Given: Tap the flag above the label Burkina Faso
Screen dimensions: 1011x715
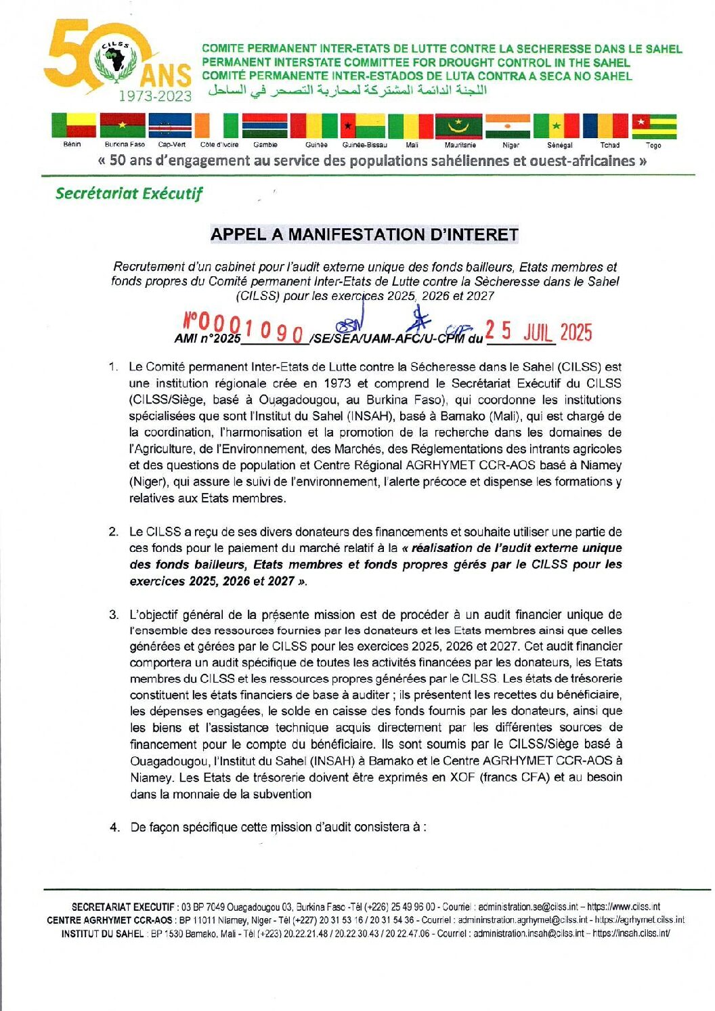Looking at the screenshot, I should pyautogui.click(x=123, y=126).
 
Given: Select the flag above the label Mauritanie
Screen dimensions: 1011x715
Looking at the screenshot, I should pyautogui.click(x=458, y=126).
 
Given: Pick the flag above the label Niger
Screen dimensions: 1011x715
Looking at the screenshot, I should pyautogui.click(x=508, y=126).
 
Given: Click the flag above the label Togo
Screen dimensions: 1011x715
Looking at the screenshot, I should pyautogui.click(x=654, y=126).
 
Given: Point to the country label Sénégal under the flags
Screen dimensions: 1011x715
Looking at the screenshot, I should pyautogui.click(x=560, y=145).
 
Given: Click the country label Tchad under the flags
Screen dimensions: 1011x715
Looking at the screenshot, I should pyautogui.click(x=609, y=145).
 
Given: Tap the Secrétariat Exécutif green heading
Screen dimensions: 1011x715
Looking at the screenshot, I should pyautogui.click(x=129, y=194).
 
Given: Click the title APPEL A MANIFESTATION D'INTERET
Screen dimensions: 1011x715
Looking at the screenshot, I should pyautogui.click(x=364, y=234).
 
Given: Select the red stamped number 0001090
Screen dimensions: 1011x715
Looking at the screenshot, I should pyautogui.click(x=244, y=328).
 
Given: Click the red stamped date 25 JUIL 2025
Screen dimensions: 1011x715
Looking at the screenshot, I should pyautogui.click(x=538, y=332).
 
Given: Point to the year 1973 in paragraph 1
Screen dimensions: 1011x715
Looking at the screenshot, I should pyautogui.click(x=337, y=383).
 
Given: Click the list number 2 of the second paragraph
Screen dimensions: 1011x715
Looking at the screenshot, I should pyautogui.click(x=113, y=532).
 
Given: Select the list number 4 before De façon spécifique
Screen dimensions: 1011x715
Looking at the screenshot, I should pyautogui.click(x=114, y=827).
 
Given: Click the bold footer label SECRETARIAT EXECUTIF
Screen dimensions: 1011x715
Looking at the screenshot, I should pyautogui.click(x=123, y=907).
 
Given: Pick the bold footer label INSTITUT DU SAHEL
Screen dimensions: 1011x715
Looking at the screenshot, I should pyautogui.click(x=102, y=934).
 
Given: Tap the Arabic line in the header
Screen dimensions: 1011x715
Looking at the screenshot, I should pyautogui.click(x=347, y=91).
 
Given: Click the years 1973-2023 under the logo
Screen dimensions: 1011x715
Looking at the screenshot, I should pyautogui.click(x=155, y=96).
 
